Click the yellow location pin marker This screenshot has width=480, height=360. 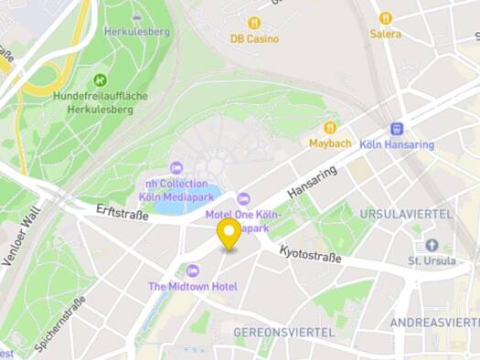229,232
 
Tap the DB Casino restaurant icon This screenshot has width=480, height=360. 254,22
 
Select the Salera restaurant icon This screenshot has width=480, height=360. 385,17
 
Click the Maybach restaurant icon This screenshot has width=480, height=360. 330,128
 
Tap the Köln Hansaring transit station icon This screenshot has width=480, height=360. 396,129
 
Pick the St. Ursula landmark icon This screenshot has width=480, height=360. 431,245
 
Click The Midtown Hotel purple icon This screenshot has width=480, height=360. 192,270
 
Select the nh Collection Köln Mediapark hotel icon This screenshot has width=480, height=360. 176,167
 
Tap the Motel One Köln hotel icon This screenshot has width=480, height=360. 243,198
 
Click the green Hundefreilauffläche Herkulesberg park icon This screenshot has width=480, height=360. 101,79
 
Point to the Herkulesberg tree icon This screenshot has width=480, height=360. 137,16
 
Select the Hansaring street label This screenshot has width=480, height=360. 312,182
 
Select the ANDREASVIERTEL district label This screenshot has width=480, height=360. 434,323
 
